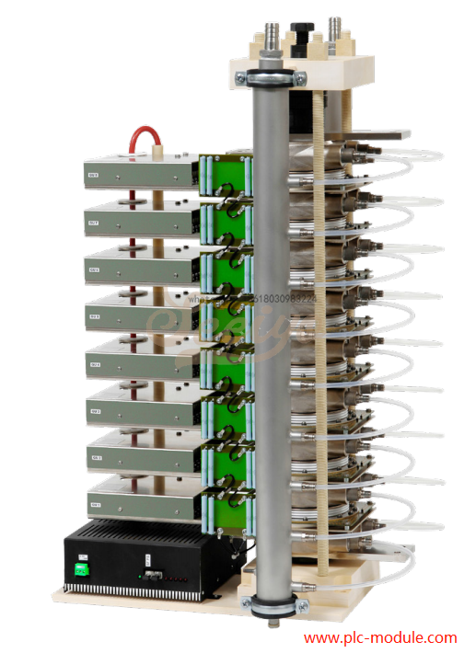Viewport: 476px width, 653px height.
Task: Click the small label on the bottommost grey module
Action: pyautogui.click(x=95, y=505)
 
